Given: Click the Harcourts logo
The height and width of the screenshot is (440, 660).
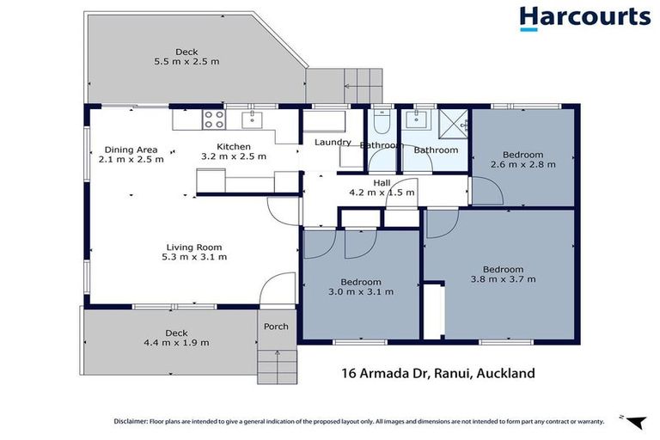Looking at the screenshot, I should click(584, 18).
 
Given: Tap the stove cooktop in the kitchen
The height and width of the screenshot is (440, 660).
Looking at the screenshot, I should click(212, 119).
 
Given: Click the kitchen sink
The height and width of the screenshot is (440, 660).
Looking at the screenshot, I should click(251, 119).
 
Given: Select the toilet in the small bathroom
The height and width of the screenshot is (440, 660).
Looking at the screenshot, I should click(383, 121).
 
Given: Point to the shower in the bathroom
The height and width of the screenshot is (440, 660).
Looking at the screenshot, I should click(453, 123).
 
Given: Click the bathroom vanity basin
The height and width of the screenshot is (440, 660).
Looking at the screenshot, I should click(421, 119).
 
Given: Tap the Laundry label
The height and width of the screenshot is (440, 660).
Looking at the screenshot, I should click(332, 142).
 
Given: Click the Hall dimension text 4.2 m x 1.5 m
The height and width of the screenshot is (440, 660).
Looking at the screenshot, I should click(382, 192).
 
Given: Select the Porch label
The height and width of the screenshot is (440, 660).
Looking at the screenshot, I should click(276, 327).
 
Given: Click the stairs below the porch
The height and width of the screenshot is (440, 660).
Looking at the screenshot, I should click(276, 366).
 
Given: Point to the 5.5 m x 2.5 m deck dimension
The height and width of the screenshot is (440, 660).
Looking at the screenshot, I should click(186, 62).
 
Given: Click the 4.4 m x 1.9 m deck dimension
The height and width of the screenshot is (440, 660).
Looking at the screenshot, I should click(176, 342).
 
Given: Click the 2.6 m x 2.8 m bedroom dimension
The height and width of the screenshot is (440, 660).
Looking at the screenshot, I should click(523, 164).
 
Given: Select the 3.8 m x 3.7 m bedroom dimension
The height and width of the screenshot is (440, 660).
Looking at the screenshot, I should click(503, 279).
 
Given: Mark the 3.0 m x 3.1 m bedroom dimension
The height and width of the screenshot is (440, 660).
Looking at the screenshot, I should click(360, 292).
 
